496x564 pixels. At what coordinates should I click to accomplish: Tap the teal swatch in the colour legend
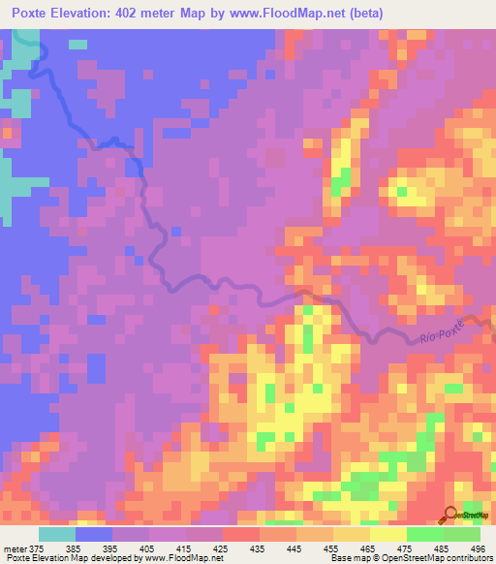tap(57, 534)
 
